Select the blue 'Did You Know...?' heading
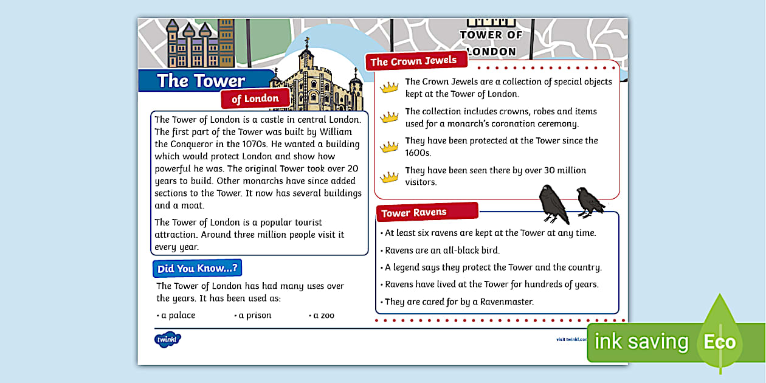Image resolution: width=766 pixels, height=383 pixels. pyautogui.click(x=197, y=268)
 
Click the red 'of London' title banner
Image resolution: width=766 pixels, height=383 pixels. pyautogui.click(x=255, y=98)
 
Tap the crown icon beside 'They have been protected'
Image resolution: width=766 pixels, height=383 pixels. pyautogui.click(x=389, y=147)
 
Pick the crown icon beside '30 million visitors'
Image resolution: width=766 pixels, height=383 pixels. pyautogui.click(x=389, y=177)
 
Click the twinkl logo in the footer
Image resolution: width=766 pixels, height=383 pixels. pyautogui.click(x=168, y=339)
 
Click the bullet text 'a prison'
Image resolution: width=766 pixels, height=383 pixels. pyautogui.click(x=255, y=316)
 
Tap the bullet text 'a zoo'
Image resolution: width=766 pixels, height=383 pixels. pyautogui.click(x=323, y=316)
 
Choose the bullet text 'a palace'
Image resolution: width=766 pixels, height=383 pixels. pyautogui.click(x=178, y=316)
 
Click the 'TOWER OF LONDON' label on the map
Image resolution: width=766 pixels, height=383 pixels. pyautogui.click(x=491, y=43)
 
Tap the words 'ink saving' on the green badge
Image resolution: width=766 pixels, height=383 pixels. pyautogui.click(x=641, y=342)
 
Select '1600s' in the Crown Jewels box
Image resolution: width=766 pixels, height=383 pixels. pyautogui.click(x=418, y=153)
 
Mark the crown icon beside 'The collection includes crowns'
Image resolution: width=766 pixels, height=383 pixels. pyautogui.click(x=389, y=117)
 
